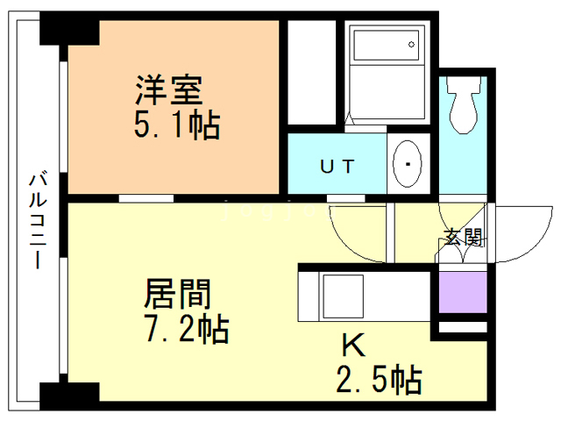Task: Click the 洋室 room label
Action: [x=169, y=91]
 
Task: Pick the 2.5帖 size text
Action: [x=379, y=380]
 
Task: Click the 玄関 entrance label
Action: [x=462, y=236]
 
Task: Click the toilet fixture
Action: [x=464, y=104]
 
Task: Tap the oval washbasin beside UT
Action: [x=408, y=164]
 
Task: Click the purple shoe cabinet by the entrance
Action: [x=462, y=292]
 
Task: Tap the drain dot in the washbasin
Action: [x=408, y=164]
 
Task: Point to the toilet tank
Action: [x=464, y=85]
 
